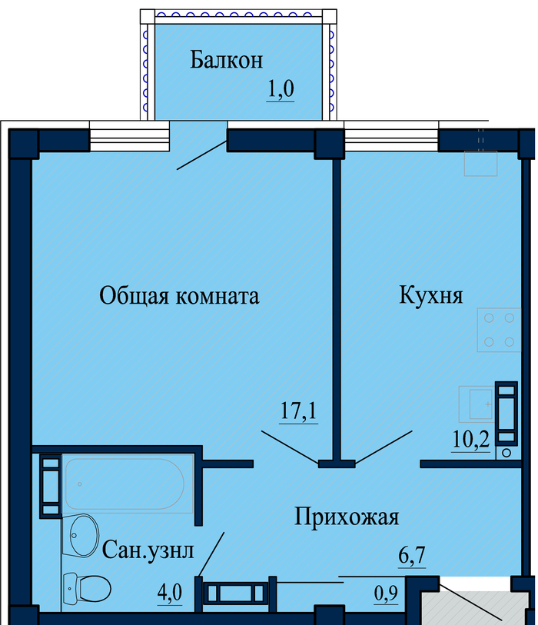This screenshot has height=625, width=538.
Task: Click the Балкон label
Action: [x=227, y=60]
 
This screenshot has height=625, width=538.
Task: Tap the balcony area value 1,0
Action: [x=280, y=90]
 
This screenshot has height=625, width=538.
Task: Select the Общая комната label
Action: [x=179, y=296]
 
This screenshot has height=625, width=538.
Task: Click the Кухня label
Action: [x=431, y=295]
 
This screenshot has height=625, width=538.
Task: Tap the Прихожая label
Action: [x=347, y=517]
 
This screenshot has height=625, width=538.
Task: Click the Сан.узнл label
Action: [x=149, y=550]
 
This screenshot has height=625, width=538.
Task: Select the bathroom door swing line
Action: [x=212, y=554]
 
